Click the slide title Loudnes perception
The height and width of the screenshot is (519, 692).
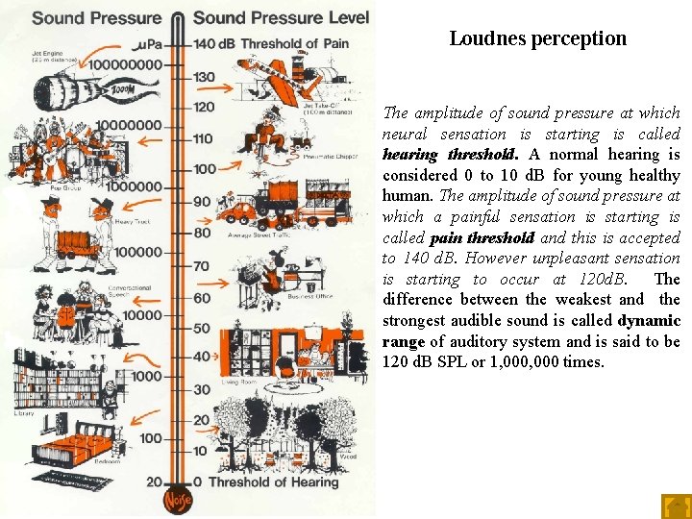coord(537,39)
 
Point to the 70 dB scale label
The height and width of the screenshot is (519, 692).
coord(202,265)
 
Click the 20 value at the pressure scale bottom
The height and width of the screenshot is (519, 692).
coord(153,482)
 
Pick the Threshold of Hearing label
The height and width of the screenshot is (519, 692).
coord(273,482)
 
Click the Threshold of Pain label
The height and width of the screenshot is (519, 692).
coord(292,43)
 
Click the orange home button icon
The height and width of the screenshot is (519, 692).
coord(676,506)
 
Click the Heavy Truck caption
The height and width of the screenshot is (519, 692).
coord(130,222)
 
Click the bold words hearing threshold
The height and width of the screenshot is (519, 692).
coord(450,155)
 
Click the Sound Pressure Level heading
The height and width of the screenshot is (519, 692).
coord(281,17)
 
